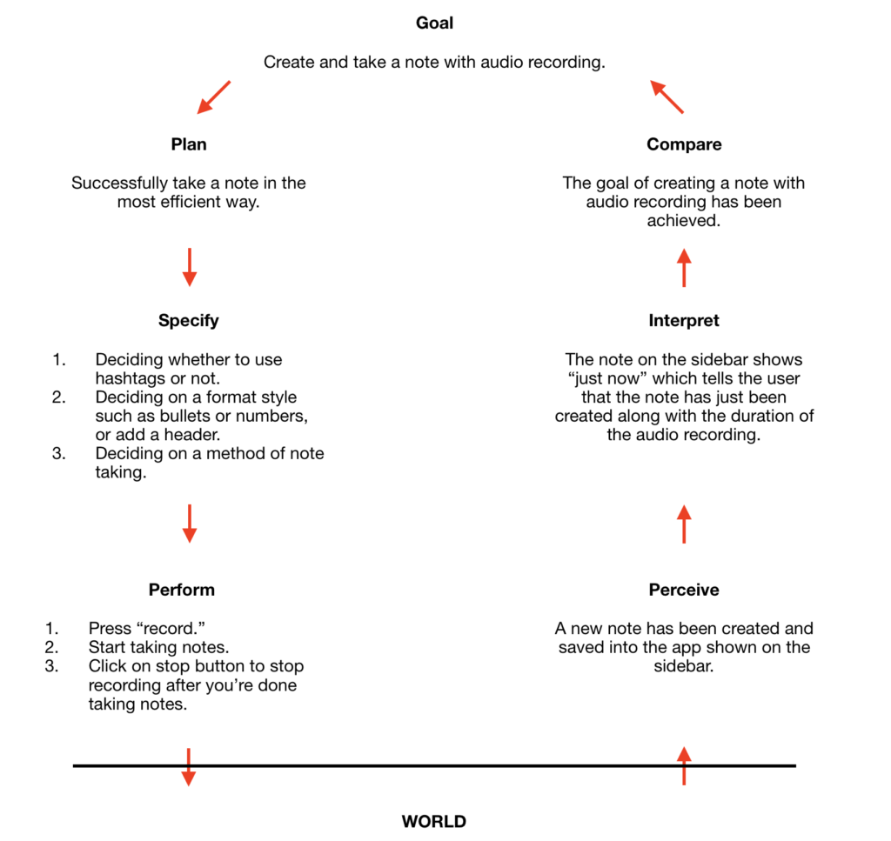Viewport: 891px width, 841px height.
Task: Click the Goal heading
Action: tap(435, 23)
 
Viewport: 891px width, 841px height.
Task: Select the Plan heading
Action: tap(189, 144)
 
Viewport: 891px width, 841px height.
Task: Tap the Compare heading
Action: tap(684, 144)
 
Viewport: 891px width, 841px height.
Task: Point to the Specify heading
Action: tap(189, 321)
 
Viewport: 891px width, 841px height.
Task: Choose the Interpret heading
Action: tap(684, 321)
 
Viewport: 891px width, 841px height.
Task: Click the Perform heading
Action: tap(182, 590)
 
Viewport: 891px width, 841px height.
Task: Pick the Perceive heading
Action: tap(684, 590)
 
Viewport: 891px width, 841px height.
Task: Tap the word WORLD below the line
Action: tap(434, 822)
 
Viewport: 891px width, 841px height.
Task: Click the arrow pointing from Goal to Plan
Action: tap(214, 97)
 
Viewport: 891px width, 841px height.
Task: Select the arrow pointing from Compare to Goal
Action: tap(667, 97)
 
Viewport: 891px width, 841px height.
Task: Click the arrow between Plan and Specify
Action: tap(190, 268)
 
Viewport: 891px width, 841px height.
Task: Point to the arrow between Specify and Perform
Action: tap(190, 524)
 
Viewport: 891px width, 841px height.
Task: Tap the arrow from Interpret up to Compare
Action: tap(684, 268)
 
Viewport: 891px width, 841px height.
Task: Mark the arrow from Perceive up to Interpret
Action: tap(684, 524)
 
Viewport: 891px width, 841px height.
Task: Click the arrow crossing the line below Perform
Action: tap(189, 767)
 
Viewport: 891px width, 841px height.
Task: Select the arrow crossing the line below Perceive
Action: tap(684, 766)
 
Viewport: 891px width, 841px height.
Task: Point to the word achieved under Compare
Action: tap(684, 221)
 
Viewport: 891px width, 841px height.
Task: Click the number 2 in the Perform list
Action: tap(51, 647)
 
